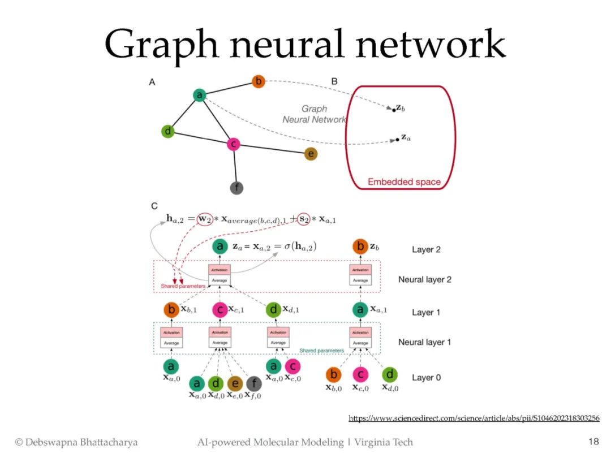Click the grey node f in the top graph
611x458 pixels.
[236, 188]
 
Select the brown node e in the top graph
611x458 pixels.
[311, 154]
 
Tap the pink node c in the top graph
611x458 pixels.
[233, 144]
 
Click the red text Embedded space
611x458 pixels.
[404, 182]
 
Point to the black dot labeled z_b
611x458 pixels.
[394, 110]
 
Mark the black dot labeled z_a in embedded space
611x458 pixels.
[398, 139]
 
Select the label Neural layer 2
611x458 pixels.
[424, 279]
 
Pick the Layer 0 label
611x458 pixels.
[426, 377]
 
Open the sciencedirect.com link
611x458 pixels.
[474, 418]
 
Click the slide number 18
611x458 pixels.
[593, 442]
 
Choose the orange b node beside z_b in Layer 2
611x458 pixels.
[360, 246]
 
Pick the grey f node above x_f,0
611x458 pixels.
[255, 384]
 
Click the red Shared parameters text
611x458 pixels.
[182, 286]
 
